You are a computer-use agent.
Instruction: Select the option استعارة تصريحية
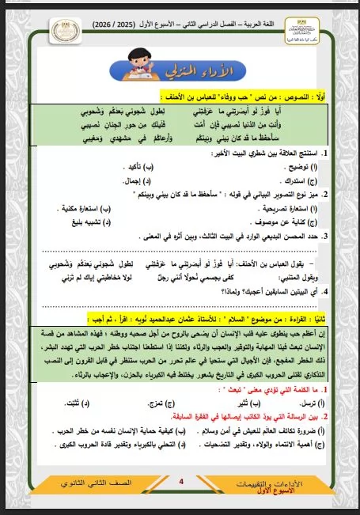click(x=302, y=209)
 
